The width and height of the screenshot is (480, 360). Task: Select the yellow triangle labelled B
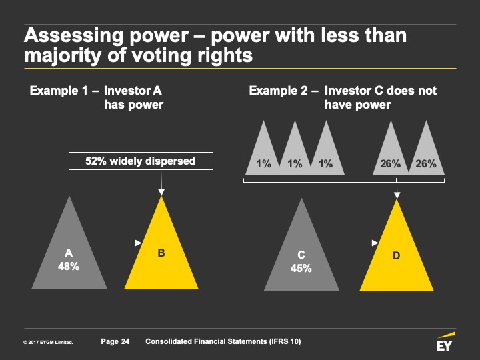coord(161,257)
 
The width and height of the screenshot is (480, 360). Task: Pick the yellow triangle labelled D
coord(397,260)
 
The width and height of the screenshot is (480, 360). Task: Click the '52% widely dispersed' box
coord(140,161)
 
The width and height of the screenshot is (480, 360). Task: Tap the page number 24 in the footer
coord(125,342)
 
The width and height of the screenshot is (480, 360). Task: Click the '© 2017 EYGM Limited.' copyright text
coord(47,343)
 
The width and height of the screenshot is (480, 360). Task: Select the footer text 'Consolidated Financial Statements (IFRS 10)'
coord(223,342)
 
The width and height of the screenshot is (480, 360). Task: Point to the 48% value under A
coord(69,266)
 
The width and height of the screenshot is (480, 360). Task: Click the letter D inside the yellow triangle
coord(397,254)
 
